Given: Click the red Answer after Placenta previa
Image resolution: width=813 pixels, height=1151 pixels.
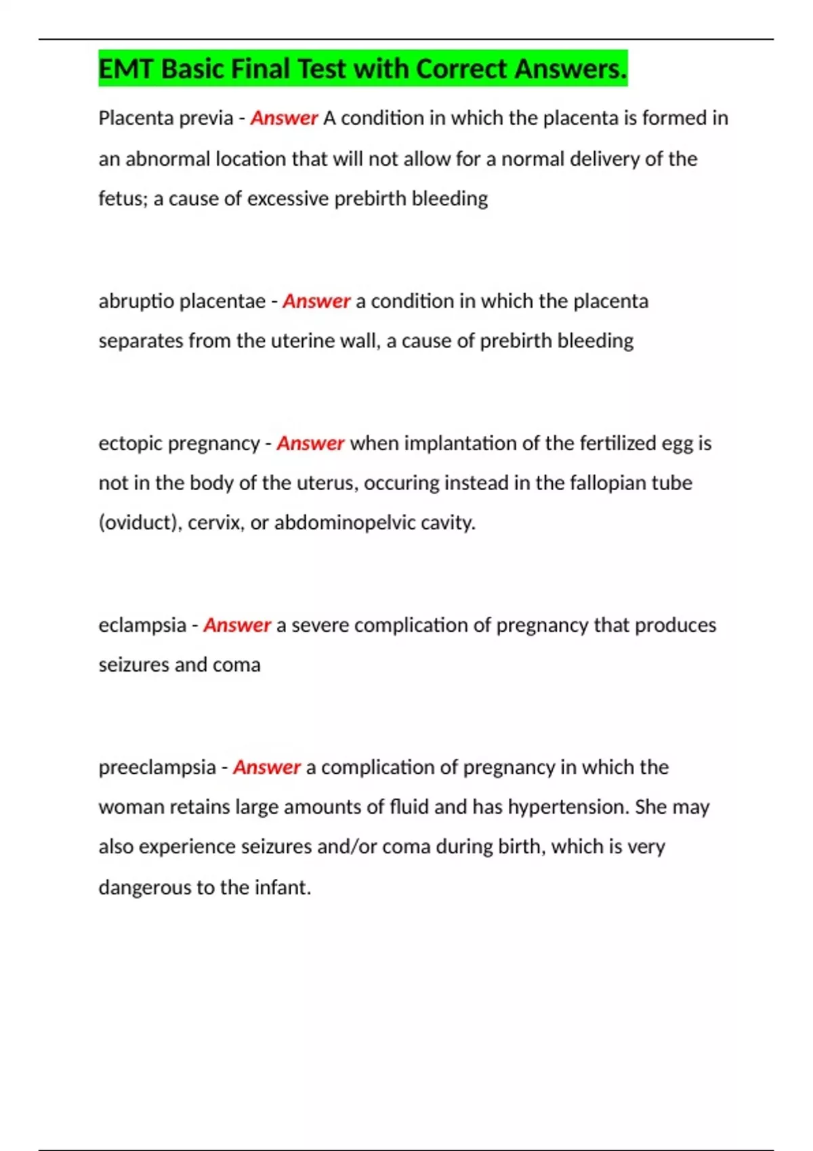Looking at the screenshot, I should pos(284,118).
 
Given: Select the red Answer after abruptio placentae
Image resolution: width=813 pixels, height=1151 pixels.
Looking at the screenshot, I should pos(316,301).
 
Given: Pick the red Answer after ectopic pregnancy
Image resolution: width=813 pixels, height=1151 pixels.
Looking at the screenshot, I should pos(310,443).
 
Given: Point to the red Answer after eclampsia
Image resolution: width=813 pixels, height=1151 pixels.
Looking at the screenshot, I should pos(237,625).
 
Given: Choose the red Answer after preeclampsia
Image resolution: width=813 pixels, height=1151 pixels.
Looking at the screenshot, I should pos(266,767).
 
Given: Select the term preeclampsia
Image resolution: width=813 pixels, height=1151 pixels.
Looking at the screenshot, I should pos(157,767).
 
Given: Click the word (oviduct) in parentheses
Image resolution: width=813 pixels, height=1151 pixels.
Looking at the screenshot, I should pos(140,523).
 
